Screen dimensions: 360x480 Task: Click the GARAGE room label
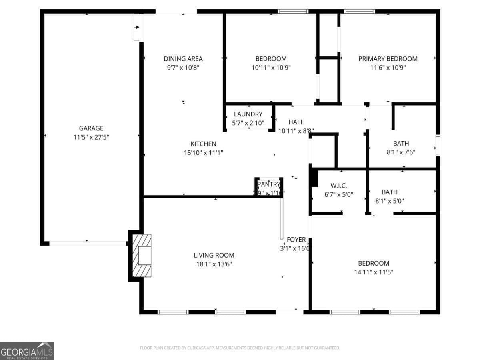(91, 128)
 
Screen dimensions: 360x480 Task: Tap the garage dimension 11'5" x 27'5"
(91, 137)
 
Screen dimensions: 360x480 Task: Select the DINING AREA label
(183, 59)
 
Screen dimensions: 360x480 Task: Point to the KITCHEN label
(203, 144)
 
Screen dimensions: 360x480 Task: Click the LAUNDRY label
(248, 114)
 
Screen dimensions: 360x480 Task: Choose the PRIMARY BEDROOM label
(388, 59)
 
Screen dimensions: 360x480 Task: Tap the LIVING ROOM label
(214, 255)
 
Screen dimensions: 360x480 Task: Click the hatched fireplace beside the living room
(142, 256)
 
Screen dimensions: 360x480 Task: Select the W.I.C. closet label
(338, 186)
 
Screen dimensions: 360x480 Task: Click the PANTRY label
(269, 184)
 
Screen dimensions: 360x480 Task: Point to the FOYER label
(296, 240)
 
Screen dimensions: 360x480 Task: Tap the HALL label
(296, 122)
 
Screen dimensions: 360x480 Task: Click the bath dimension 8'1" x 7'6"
(401, 152)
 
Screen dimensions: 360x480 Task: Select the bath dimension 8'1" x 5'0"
(401, 201)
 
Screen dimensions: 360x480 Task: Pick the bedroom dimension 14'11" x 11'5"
(373, 272)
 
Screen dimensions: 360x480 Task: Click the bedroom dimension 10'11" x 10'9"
(271, 68)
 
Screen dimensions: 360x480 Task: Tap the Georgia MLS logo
(27, 351)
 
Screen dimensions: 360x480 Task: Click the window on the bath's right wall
(438, 145)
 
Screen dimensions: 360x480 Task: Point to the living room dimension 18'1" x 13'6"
(214, 264)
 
